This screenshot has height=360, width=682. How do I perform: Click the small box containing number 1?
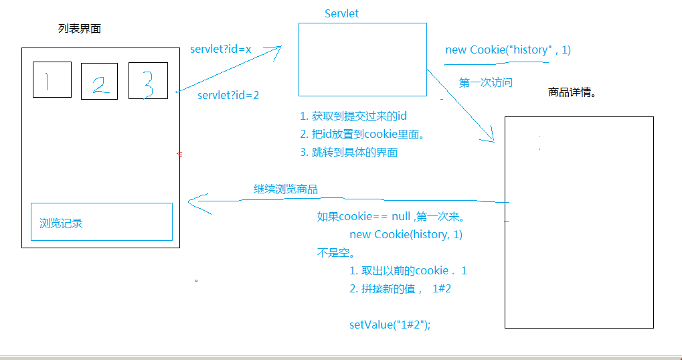[52, 80]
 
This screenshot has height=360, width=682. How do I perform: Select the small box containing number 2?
[99, 82]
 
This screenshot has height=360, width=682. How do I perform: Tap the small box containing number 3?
[148, 81]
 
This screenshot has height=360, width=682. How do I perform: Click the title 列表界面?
[80, 29]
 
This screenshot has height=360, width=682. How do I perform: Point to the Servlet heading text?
[341, 13]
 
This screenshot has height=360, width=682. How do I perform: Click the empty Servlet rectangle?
[362, 60]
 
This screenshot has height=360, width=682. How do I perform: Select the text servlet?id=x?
[220, 50]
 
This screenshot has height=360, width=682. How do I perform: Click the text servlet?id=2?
[228, 95]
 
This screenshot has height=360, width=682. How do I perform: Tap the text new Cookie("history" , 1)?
[508, 50]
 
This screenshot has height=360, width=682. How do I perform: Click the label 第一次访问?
[486, 82]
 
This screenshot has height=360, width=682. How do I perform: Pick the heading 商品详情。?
[572, 92]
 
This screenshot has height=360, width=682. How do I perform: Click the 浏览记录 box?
[101, 222]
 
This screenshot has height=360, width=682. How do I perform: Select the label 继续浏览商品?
[286, 189]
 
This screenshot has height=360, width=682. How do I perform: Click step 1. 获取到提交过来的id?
[353, 116]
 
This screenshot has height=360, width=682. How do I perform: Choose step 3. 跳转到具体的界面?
[349, 152]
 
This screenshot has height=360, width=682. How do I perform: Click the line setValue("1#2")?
[390, 325]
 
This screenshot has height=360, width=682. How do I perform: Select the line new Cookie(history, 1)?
[406, 234]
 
